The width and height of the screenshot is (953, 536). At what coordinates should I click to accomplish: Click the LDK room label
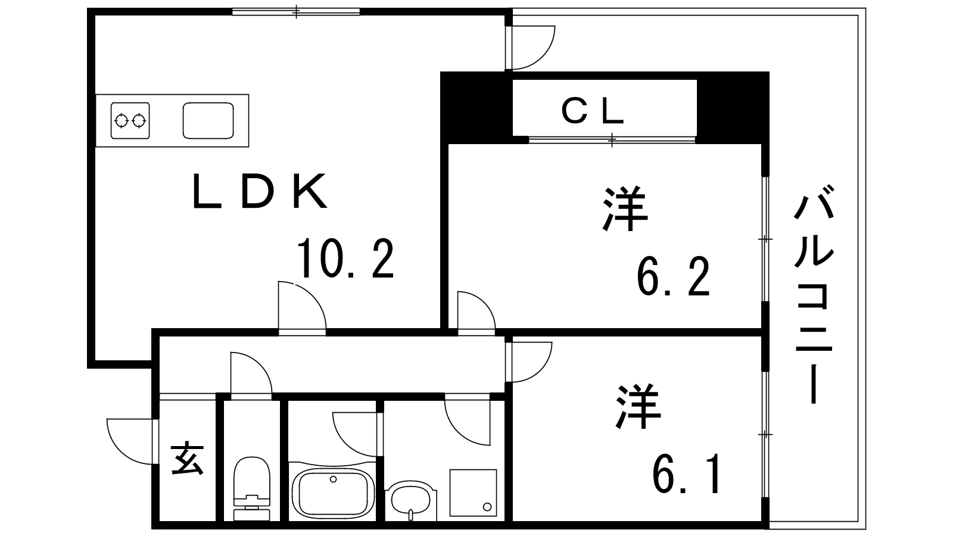click(260, 191)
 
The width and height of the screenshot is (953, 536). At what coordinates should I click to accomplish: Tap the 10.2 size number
click(345, 258)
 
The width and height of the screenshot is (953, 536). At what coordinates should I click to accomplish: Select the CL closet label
click(593, 111)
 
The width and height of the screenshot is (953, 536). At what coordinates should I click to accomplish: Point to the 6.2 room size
click(673, 276)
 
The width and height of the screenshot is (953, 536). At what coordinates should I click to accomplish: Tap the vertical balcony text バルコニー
click(814, 294)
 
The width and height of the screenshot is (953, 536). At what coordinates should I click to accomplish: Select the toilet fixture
click(252, 489)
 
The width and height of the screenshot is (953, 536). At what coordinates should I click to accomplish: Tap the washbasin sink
click(411, 501)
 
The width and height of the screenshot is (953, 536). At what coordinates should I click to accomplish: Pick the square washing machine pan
click(473, 493)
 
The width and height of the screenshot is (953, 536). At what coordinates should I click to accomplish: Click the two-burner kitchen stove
click(130, 120)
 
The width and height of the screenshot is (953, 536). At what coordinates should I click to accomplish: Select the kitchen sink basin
click(208, 120)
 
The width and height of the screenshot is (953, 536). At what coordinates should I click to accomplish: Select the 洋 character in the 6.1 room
click(638, 407)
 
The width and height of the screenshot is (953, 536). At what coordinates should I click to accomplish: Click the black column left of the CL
click(476, 108)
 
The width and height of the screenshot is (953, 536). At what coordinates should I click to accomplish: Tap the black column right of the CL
click(733, 108)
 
